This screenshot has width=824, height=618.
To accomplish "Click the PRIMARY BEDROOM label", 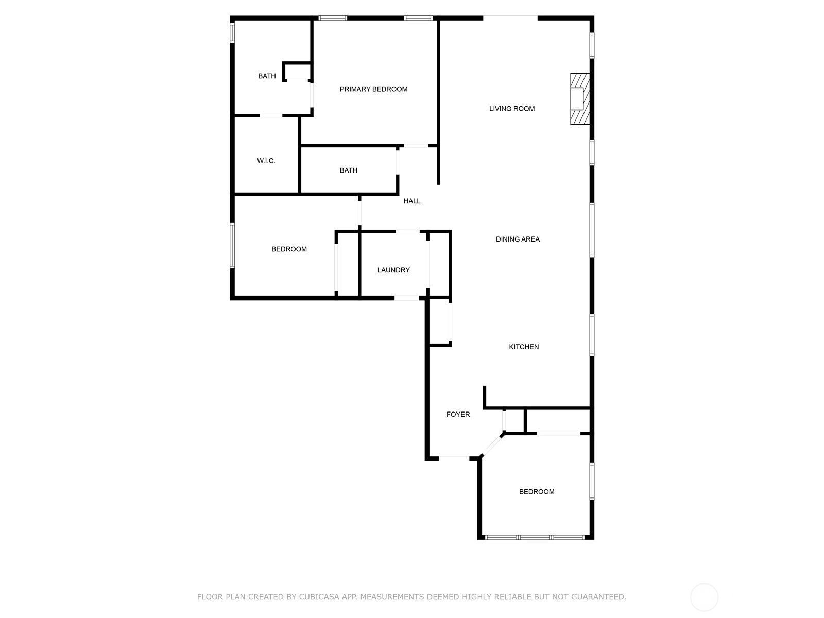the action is [373, 89].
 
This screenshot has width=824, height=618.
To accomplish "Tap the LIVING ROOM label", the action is [512, 109].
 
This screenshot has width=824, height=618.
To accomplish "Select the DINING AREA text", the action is [517, 239].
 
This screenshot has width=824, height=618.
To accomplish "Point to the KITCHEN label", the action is [524, 347].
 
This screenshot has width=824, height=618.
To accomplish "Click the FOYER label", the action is [458, 414].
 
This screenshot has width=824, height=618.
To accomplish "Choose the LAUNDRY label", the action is [393, 270].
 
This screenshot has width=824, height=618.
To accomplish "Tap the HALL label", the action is [412, 201].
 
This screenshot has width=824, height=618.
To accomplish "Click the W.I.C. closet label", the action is [266, 161].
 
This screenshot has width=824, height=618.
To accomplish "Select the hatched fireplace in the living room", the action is [579, 99].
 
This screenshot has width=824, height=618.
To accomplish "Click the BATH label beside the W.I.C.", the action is [348, 170].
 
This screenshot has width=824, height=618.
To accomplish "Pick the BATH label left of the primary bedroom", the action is [267, 76].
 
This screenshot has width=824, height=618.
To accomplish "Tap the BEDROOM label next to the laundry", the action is [289, 249].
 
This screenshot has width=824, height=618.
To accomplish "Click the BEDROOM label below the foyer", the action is [537, 492].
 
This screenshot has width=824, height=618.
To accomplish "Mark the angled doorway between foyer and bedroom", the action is [492, 445].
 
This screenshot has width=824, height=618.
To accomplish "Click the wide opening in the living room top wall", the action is [510, 18].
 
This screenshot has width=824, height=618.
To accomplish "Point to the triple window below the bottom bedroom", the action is [535, 537].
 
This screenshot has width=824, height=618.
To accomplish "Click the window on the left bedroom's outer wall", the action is [232, 246].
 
